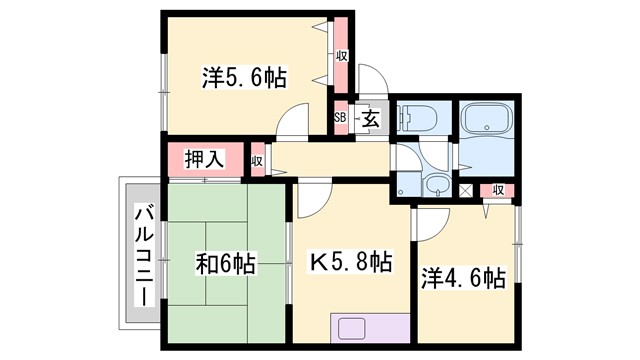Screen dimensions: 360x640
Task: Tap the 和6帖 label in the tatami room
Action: (x=225, y=264)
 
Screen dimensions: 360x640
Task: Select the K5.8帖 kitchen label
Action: (x=348, y=264)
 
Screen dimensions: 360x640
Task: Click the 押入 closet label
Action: (x=205, y=158)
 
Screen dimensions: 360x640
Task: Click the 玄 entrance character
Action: (x=370, y=117)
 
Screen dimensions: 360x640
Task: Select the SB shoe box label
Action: (x=341, y=117)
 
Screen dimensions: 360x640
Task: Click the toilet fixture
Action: (x=413, y=118)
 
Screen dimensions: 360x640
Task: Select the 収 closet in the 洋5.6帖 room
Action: (x=341, y=55)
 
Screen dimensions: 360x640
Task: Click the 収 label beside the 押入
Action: (x=257, y=160)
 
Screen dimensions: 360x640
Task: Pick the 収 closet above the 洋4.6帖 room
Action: (x=497, y=190)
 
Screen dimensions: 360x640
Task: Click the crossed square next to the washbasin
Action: (x=465, y=190)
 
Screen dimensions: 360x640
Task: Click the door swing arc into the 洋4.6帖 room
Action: (x=433, y=222)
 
